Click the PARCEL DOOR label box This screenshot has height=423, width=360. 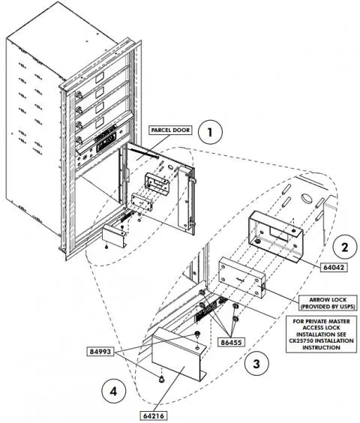tap(169, 129)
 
